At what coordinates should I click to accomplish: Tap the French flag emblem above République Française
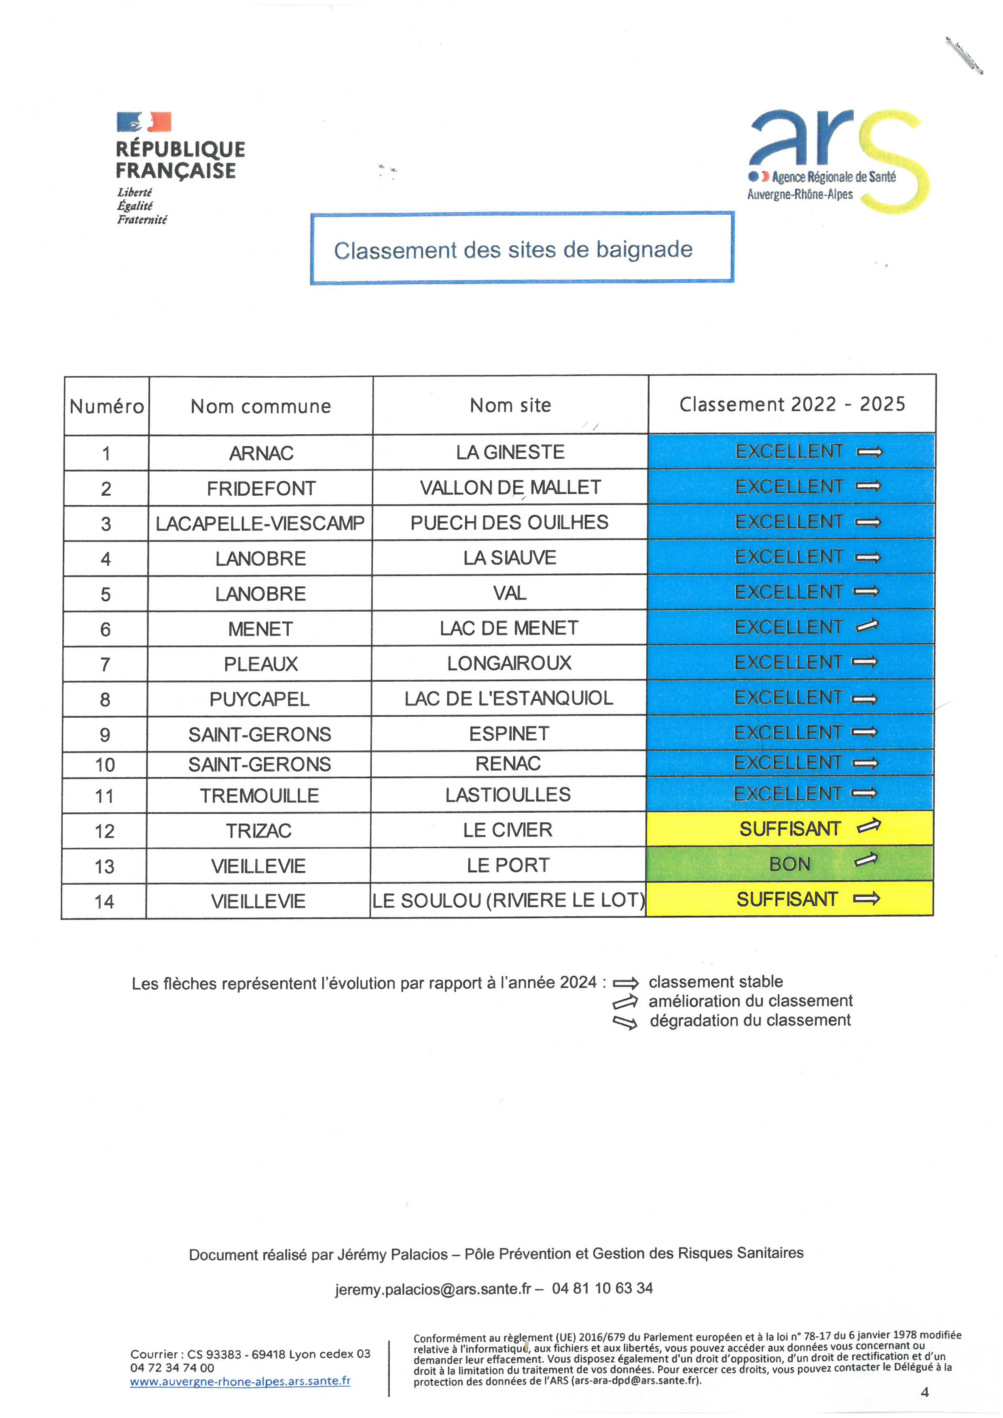[144, 122]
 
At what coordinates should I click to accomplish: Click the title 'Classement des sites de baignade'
[513, 249]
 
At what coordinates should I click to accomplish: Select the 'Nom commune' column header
[260, 406]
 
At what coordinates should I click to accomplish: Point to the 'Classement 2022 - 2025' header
[792, 404]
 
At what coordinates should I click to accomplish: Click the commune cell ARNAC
[260, 453]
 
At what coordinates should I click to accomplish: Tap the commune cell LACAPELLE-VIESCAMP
[260, 524]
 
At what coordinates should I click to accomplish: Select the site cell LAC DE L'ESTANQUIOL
[508, 698]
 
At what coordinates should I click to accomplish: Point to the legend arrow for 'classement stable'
[625, 983]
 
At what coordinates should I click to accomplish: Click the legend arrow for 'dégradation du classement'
[624, 1022]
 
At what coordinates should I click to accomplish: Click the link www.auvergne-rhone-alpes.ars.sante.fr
[240, 1381]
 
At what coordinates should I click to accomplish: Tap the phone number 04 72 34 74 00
[172, 1368]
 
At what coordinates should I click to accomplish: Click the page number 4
[925, 1392]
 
